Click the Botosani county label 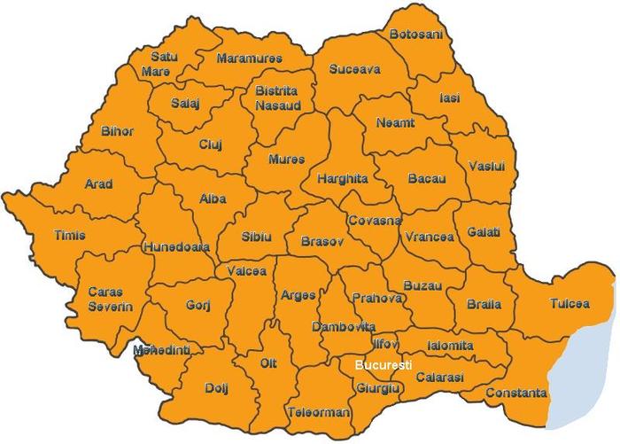416,35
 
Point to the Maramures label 249,58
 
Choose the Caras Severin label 110,299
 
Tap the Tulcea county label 569,303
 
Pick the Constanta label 515,393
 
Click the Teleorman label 319,413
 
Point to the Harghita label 343,178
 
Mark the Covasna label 374,219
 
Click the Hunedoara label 176,247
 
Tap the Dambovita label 343,326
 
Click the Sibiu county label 256,237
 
